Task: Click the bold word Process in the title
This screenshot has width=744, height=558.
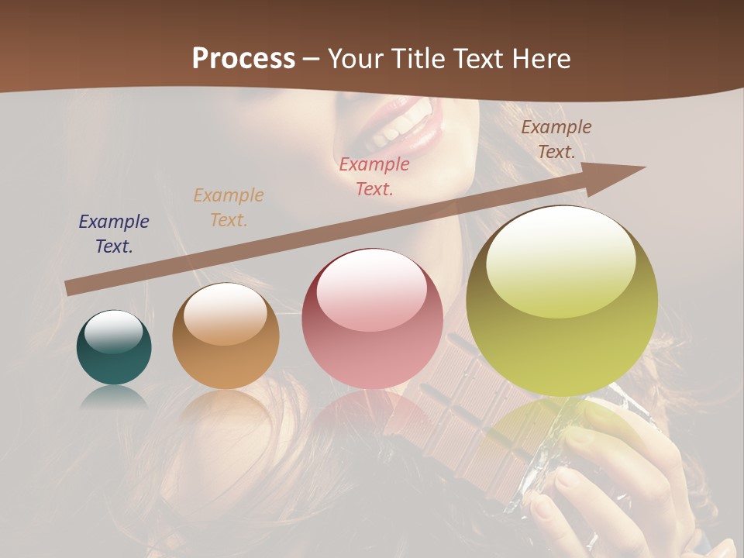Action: pos(243,59)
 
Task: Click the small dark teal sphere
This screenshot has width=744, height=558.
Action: pos(114,348)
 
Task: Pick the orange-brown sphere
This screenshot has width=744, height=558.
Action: pos(226,336)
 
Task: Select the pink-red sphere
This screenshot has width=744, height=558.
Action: pos(372,319)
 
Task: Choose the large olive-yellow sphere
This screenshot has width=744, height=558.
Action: pos(562,301)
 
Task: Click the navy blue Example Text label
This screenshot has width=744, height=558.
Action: pos(114,234)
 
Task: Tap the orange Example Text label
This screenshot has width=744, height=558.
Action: pos(229,208)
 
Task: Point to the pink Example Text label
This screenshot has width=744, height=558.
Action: pos(374,176)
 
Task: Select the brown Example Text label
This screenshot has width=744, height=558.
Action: pos(556,139)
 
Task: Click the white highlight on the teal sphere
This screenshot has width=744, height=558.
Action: pos(113,332)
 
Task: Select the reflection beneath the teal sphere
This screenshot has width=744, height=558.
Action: pos(114,397)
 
